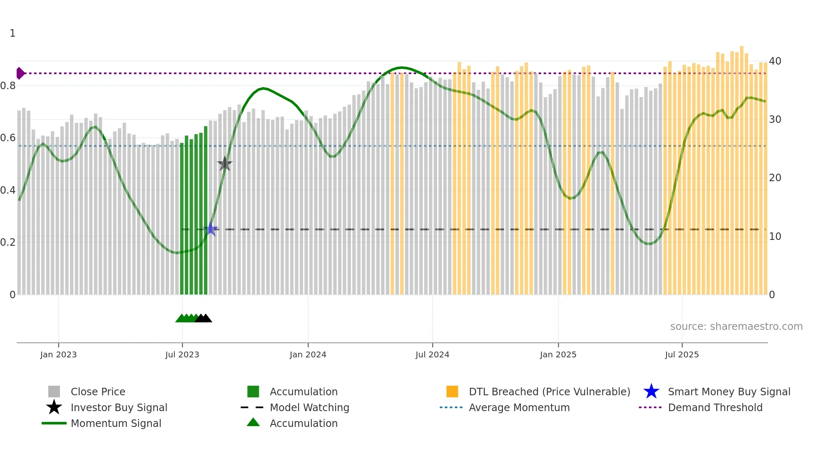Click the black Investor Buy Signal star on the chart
[225, 164]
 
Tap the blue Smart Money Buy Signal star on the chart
[211, 229]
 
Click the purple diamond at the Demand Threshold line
[20, 73]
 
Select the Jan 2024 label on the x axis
[308, 354]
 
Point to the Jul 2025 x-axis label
[682, 354]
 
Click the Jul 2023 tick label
[182, 354]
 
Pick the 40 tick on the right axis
[775, 61]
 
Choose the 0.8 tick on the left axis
[8, 86]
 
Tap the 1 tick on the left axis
[12, 33]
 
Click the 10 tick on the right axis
[775, 237]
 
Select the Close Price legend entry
[98, 392]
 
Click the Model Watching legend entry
[309, 407]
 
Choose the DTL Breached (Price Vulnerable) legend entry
[549, 392]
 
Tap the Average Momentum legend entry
[519, 407]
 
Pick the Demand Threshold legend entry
[715, 407]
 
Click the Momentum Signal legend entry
[116, 423]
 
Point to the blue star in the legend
[651, 392]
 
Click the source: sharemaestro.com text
[736, 327]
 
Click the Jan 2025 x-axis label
[558, 354]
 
